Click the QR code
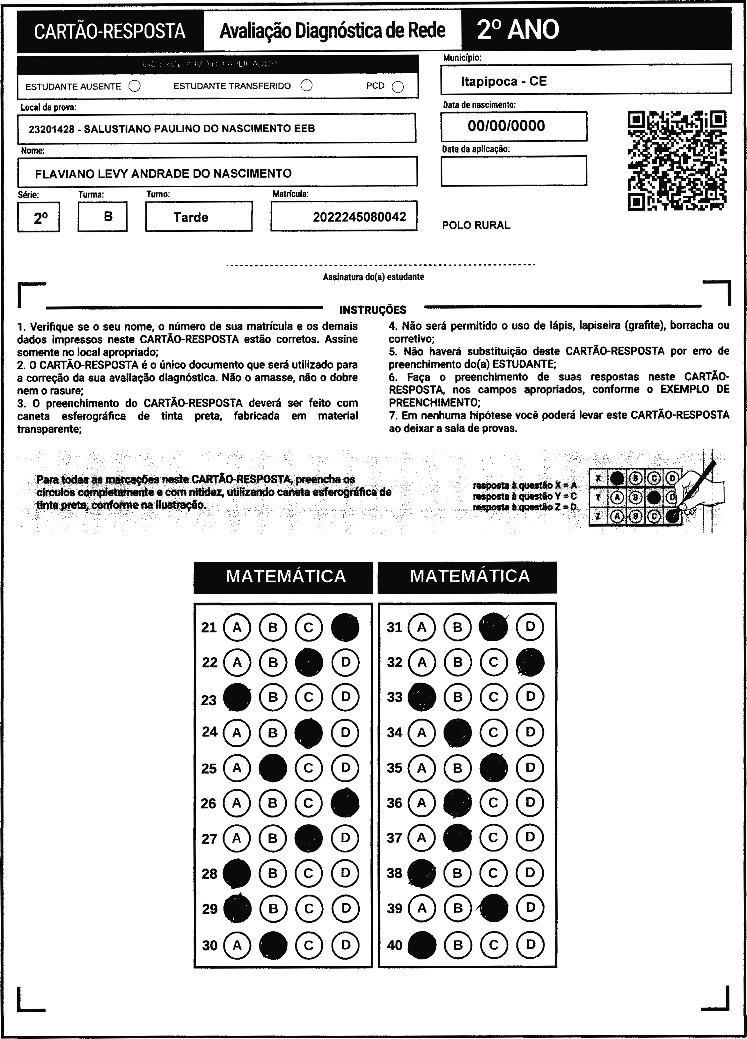pos(677,160)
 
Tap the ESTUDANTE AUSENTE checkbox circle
pos(135,86)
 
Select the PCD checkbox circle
pos(398,87)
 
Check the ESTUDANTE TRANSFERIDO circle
pos(307,86)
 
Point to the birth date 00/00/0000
pos(506,126)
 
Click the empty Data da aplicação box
pos(513,171)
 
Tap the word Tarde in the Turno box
pos(191,217)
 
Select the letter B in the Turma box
pos(108,216)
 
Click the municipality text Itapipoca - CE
pos(504,82)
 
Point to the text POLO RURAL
pos(476,225)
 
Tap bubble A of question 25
pos(237,768)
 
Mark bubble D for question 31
pos(530,627)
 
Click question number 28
pos(209,874)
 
